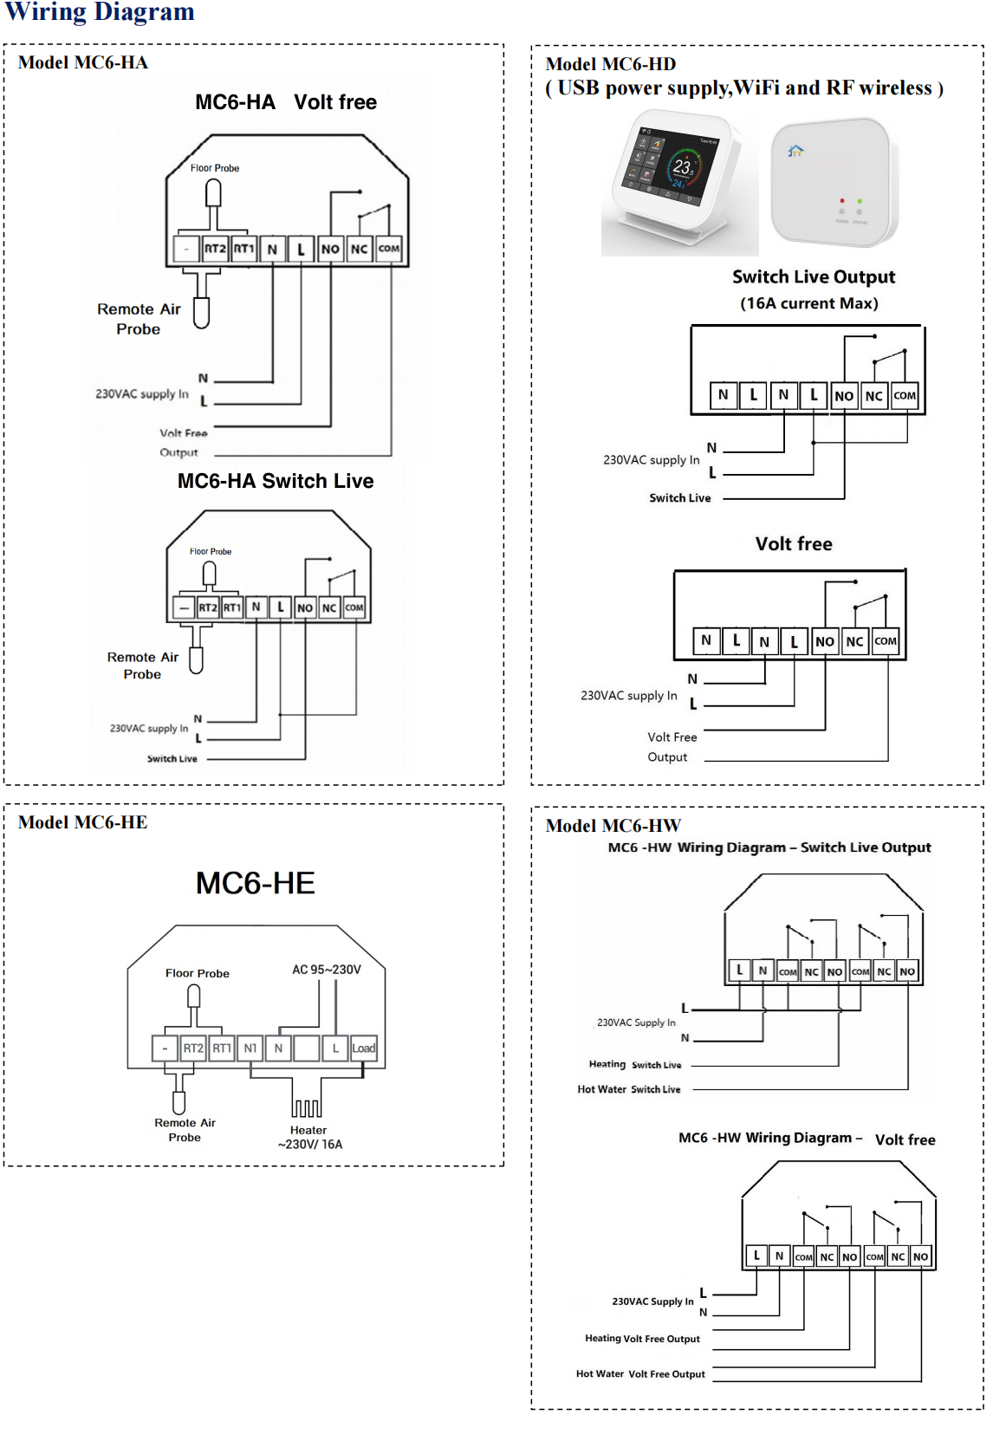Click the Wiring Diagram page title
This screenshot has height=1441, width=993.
pos(100,12)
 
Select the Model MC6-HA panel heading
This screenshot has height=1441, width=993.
pos(83,62)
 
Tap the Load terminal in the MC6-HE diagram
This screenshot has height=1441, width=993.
pos(364,1048)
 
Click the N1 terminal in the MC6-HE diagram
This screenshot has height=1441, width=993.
pos(250,1048)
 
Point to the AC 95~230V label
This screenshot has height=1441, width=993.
pos(327,970)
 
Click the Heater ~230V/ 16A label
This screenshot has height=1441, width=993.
pos(309,1137)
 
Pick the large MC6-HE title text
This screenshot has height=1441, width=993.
pos(256,883)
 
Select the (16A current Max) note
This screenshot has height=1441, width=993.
pos(809,303)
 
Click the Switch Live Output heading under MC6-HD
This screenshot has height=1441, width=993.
pos(814,277)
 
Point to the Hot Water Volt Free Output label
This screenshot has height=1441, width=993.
pos(640,1373)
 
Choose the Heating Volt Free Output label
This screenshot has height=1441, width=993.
pos(642,1339)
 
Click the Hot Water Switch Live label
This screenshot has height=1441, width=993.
pos(629,1089)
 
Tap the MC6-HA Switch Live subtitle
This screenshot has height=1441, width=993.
pos(276,481)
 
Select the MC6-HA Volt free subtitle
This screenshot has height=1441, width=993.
pos(286,102)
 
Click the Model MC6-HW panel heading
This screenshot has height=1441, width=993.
pos(613,826)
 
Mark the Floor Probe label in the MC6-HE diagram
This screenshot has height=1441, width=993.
pos(198,973)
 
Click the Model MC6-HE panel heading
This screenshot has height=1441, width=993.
pos(83,822)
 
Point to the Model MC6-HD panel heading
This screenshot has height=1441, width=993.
pos(611,64)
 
